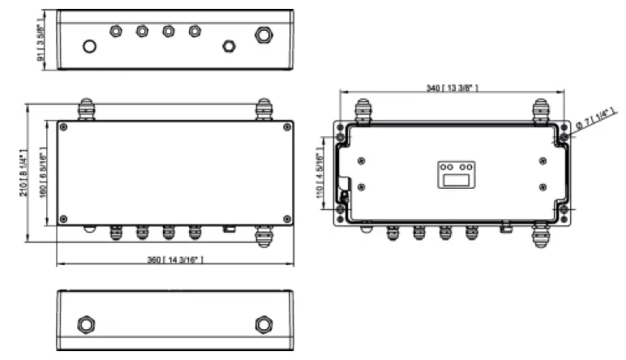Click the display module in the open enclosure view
tap(457, 174)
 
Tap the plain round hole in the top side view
tap(90, 45)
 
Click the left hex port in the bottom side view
tap(86, 324)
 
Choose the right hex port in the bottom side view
tap(264, 324)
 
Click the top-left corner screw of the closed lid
tap(63, 126)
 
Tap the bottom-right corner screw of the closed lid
tap(287, 219)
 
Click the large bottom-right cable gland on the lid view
tap(264, 235)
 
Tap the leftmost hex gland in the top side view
tap(116, 31)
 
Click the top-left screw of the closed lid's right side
tap(287, 126)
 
